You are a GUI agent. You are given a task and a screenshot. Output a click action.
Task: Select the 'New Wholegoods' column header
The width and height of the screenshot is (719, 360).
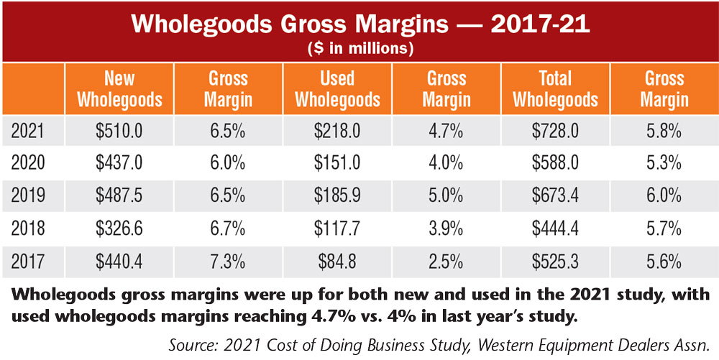[x=119, y=89]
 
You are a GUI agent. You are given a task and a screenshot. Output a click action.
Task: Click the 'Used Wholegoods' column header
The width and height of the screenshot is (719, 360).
[x=338, y=89]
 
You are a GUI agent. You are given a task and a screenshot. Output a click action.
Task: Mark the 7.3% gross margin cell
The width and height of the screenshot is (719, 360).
[x=228, y=262]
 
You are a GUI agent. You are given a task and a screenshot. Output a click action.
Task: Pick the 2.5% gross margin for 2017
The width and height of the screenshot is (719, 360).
[x=446, y=262]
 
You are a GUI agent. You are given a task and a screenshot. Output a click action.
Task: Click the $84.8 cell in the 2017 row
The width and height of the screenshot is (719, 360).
[x=338, y=262]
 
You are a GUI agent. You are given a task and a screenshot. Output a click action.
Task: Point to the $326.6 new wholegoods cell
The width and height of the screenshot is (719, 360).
[x=119, y=229]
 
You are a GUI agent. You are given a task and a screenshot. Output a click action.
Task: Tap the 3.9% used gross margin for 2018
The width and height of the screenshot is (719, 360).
[x=446, y=229]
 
